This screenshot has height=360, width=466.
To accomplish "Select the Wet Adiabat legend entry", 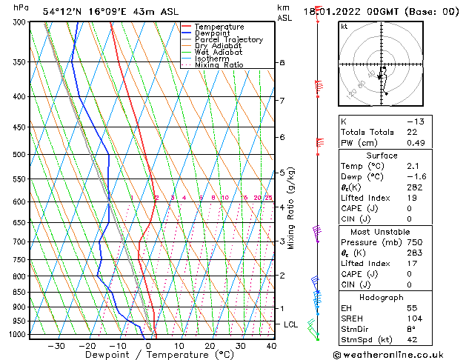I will [218, 52].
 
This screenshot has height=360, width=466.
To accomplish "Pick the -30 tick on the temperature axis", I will [56, 345].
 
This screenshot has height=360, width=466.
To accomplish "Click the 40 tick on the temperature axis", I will [271, 345].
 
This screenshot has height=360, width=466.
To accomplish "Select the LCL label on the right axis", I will [291, 324].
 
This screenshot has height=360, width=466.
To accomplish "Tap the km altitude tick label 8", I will [282, 63].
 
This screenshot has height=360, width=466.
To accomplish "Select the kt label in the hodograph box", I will [344, 27].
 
